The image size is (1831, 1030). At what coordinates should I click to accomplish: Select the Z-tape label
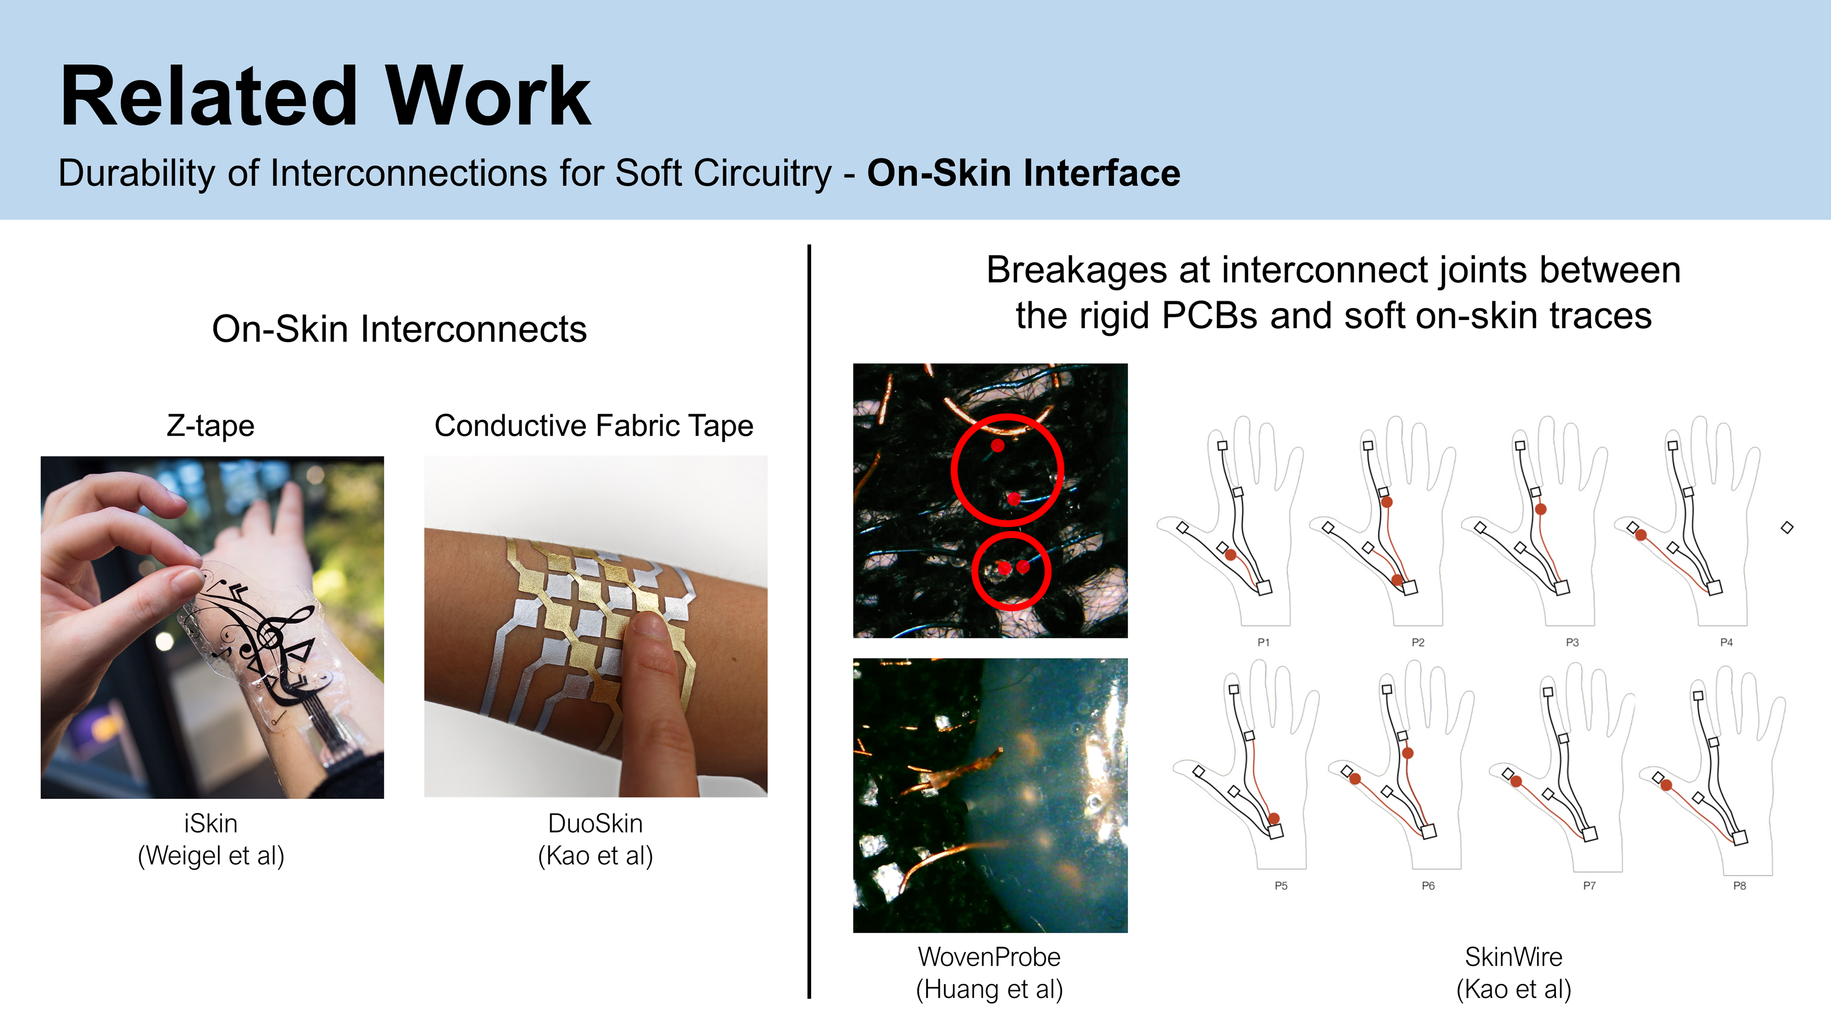coord(210,426)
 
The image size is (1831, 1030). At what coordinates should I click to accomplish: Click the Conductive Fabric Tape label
coord(594,426)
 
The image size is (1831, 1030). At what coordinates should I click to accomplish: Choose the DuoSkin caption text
coord(596,823)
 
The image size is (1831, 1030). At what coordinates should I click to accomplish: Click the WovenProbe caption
coord(989,957)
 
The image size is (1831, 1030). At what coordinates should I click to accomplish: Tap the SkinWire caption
coord(1514,957)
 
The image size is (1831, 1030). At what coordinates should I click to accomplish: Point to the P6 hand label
coord(1428,886)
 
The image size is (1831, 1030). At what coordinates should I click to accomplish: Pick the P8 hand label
coord(1739,886)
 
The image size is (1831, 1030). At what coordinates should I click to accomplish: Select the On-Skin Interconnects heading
coord(400,329)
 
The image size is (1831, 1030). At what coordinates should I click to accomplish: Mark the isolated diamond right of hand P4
coord(1787,527)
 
